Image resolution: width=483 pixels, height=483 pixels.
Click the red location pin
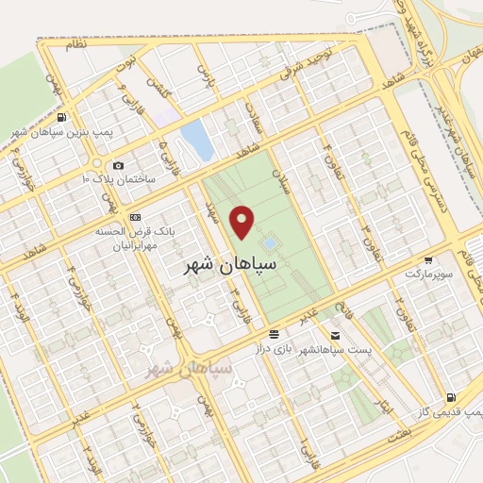[243, 221]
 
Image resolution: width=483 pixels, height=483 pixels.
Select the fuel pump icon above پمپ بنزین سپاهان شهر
[61, 118]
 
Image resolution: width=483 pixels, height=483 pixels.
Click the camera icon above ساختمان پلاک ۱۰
[118, 165]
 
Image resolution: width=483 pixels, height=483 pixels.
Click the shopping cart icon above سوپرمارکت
[428, 259]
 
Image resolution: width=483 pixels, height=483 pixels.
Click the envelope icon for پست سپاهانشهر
[335, 335]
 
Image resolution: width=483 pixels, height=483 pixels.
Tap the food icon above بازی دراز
[274, 335]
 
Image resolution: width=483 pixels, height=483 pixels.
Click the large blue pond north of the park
[197, 141]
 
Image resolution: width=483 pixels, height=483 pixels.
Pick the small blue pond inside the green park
[271, 243]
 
